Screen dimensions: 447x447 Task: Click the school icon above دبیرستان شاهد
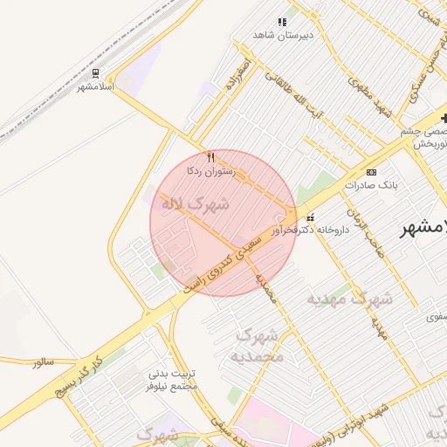pyautogui.click(x=282, y=22)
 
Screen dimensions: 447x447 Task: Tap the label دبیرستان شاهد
pyautogui.click(x=282, y=34)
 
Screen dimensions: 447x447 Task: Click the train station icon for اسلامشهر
pyautogui.click(x=95, y=73)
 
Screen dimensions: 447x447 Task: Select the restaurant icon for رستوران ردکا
pyautogui.click(x=210, y=157)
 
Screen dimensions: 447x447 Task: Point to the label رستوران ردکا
pyautogui.click(x=210, y=171)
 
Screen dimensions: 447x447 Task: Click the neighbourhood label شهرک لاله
pyautogui.click(x=194, y=204)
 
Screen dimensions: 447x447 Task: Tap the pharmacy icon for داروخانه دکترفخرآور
pyautogui.click(x=310, y=217)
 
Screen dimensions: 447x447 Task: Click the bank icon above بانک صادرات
pyautogui.click(x=371, y=172)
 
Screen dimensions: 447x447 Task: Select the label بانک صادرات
pyautogui.click(x=371, y=184)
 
